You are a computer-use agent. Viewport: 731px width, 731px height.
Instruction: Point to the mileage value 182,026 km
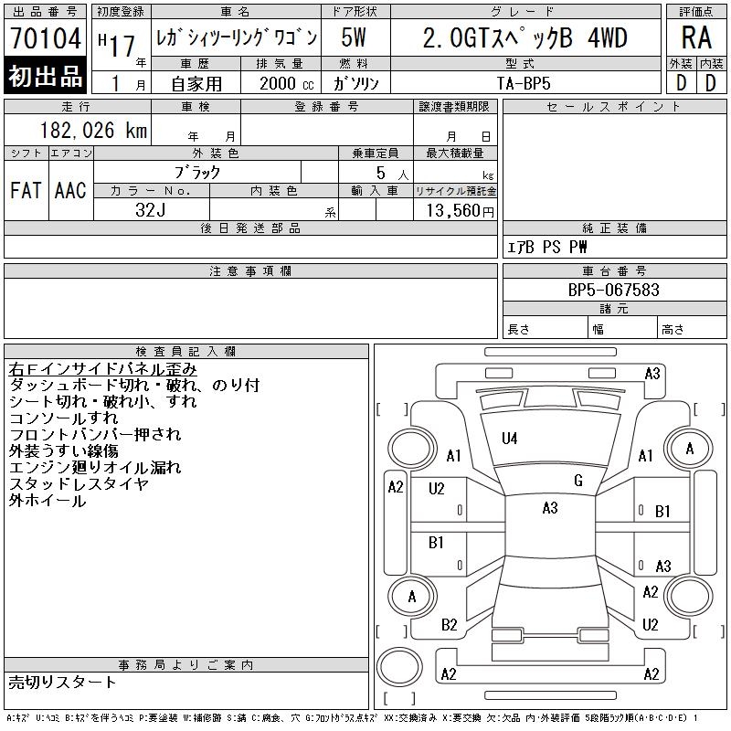coord(95,131)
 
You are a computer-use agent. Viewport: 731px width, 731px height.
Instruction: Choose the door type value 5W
coord(355,39)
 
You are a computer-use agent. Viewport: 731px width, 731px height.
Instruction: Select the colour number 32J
coord(151,210)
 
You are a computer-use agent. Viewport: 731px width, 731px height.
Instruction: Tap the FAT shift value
coord(26,190)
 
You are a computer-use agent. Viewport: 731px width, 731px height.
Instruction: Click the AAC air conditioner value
coord(69,190)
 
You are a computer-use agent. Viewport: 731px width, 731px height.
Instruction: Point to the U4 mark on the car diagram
coord(509,440)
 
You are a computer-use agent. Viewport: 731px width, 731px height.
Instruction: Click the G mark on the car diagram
coord(577,481)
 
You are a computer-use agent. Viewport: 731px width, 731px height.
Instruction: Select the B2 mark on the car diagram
coord(449,625)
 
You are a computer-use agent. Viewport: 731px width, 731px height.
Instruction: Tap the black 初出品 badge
coord(45,77)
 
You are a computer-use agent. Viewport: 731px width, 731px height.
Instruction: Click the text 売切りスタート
coord(63,682)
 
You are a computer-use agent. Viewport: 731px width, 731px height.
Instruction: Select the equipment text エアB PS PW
coord(548,247)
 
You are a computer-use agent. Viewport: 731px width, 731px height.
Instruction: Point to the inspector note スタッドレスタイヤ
coord(79,484)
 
